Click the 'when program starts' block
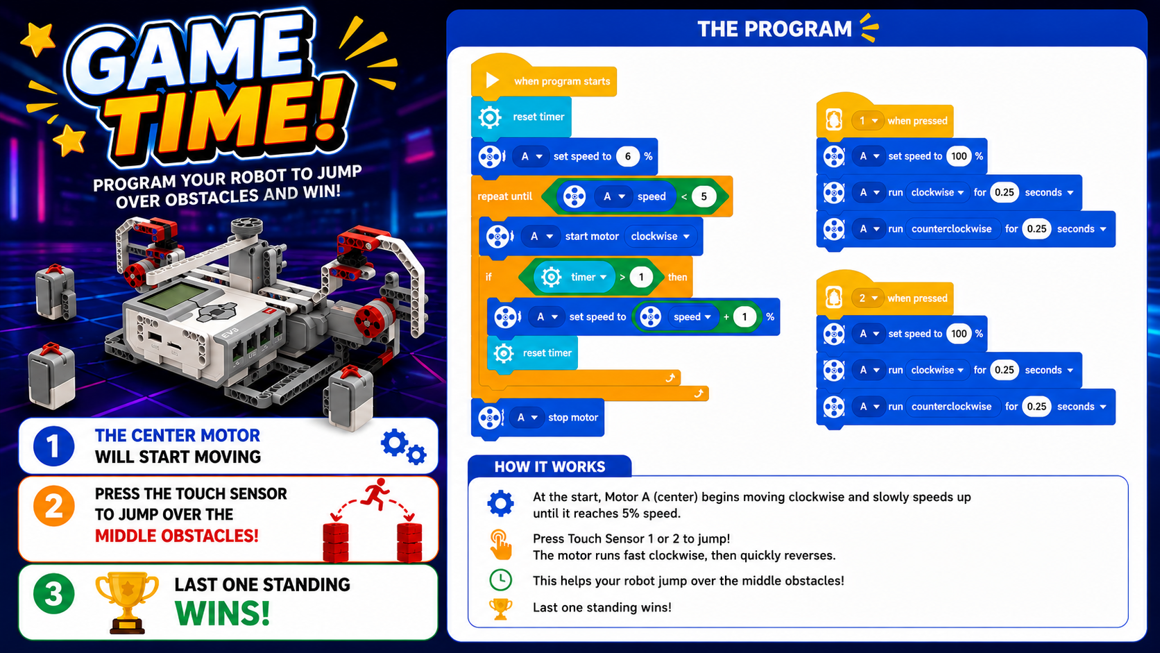(544, 78)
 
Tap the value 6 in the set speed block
(628, 156)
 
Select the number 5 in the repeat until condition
(703, 196)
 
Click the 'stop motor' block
(538, 417)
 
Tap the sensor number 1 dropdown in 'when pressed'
(867, 121)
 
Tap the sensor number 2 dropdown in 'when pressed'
(867, 298)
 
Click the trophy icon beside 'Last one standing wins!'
(500, 609)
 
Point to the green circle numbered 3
(54, 593)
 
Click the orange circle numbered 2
(54, 506)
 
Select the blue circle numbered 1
(54, 446)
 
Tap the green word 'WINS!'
(222, 614)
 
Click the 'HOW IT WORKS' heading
(549, 466)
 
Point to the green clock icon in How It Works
(500, 579)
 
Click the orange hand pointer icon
(501, 545)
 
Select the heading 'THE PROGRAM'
(774, 29)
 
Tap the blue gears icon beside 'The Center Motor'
(403, 446)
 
